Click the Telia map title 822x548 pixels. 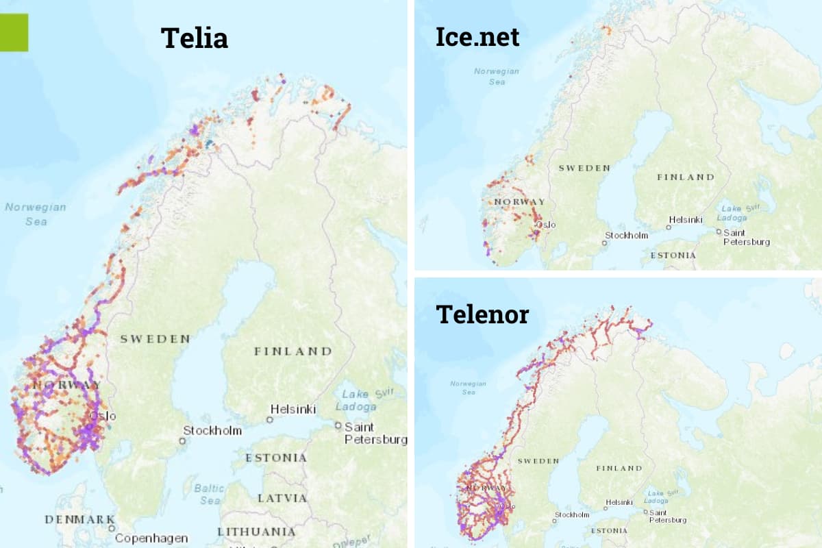pyautogui.click(x=195, y=38)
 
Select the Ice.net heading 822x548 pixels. pyautogui.click(x=477, y=36)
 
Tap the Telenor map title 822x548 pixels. pyautogui.click(x=482, y=314)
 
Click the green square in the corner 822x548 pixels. pyautogui.click(x=14, y=32)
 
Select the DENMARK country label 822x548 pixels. pyautogui.click(x=79, y=519)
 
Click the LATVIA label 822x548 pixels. pyautogui.click(x=282, y=498)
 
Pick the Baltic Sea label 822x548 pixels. pyautogui.click(x=209, y=494)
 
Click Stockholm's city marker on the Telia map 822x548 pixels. pyautogui.click(x=182, y=440)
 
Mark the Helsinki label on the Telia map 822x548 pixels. pyautogui.click(x=293, y=409)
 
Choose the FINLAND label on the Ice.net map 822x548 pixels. pyautogui.click(x=686, y=177)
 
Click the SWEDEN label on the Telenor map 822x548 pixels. pyautogui.click(x=538, y=461)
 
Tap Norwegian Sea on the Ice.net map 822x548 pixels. pyautogui.click(x=497, y=76)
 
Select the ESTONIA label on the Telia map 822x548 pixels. pyautogui.click(x=276, y=458)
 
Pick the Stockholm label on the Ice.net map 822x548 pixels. pyautogui.click(x=626, y=236)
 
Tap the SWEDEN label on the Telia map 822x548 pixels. pyautogui.click(x=155, y=338)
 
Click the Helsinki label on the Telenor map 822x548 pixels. pyautogui.click(x=620, y=503)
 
